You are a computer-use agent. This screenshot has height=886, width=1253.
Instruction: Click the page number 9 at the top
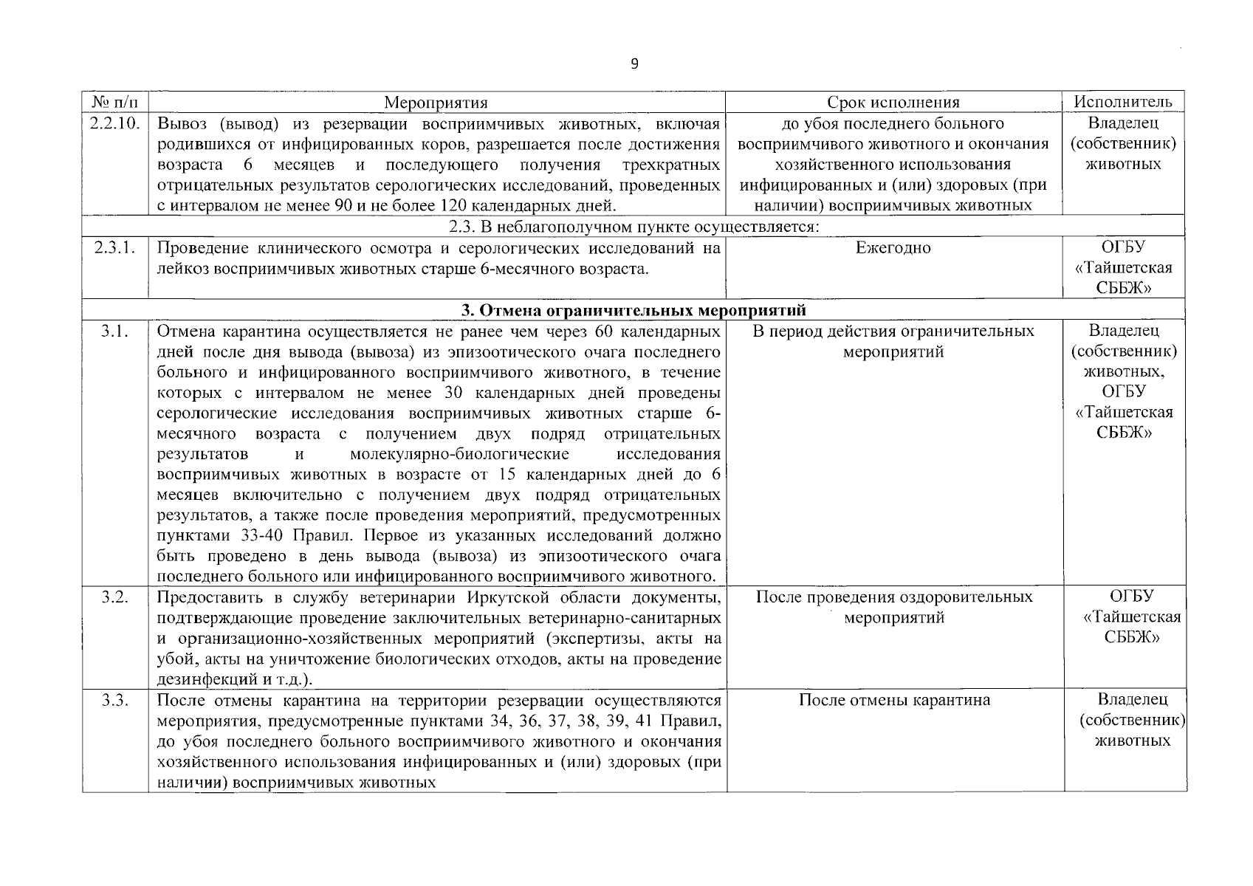tap(634, 64)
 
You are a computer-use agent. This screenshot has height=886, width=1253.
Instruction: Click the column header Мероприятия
tap(436, 103)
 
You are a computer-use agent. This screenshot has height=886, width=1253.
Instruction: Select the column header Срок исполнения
tap(893, 103)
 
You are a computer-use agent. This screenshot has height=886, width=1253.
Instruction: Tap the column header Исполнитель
tap(1123, 102)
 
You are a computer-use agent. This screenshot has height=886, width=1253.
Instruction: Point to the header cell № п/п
tap(114, 103)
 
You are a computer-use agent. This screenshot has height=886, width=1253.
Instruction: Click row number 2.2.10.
tap(115, 123)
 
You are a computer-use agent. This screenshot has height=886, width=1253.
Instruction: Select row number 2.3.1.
tap(115, 248)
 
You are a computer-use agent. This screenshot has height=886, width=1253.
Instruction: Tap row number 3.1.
tap(115, 332)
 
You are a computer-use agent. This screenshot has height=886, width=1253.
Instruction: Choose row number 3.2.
tap(115, 597)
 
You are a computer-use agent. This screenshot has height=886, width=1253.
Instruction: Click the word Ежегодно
tap(893, 248)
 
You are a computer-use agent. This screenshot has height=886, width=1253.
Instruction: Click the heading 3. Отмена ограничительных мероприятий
tap(634, 309)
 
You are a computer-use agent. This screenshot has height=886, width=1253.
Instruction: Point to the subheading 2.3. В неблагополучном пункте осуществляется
tap(634, 226)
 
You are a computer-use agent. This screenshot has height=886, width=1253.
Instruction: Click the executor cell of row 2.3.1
tap(1123, 268)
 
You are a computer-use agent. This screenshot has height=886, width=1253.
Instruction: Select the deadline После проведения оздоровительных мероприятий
tap(894, 607)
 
